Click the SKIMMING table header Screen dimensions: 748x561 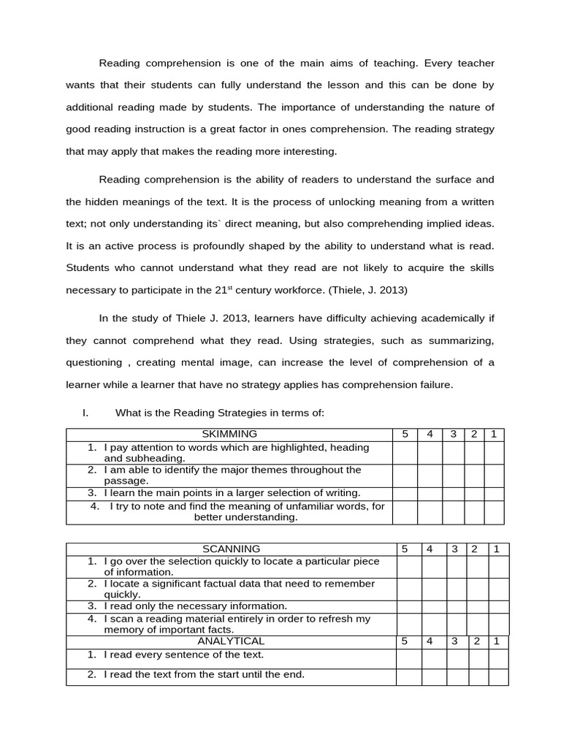tap(229, 435)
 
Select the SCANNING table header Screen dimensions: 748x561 tap(231, 549)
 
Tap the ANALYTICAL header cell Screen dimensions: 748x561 tap(231, 642)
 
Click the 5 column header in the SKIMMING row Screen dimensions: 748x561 tap(405, 435)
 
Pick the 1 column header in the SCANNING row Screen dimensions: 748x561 tap(497, 549)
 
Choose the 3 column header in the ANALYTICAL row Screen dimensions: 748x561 tap(454, 642)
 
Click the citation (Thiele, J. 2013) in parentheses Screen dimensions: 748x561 tap(368, 290)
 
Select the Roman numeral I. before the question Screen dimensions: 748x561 tap(85, 413)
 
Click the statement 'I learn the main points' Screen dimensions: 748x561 tap(232, 493)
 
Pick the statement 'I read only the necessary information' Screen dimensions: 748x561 tap(195, 606)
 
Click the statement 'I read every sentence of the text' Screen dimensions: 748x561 tap(183, 655)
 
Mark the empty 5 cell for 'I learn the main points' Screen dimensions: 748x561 tap(405, 494)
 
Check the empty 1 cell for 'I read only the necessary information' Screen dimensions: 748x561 tap(497, 606)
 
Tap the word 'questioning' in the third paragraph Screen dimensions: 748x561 tap(94, 363)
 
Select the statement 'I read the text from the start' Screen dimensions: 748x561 tap(204, 675)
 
